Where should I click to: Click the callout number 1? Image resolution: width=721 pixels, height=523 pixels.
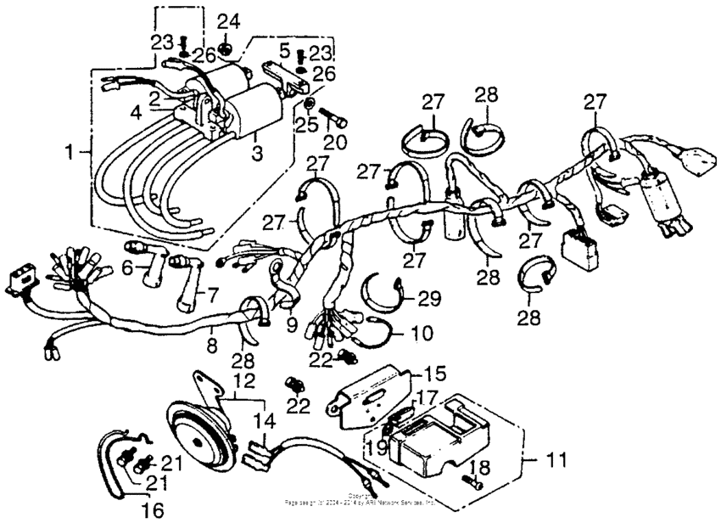coord(72,153)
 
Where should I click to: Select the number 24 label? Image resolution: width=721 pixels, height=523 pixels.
coord(228,21)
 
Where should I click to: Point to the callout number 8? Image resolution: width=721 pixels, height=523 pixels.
coord(213,346)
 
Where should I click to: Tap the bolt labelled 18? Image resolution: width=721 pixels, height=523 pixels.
coord(471,482)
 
